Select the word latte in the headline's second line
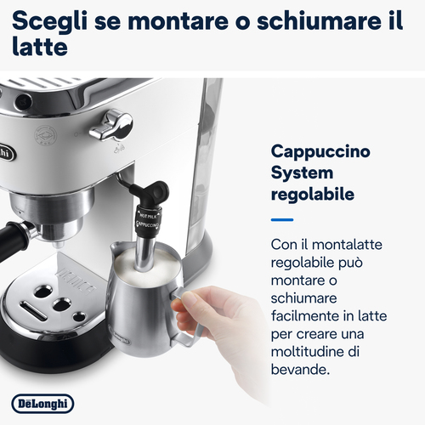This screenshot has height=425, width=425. tap(40, 47)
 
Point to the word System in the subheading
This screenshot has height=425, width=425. tap(302, 173)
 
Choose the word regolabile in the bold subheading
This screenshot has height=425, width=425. tap(313, 195)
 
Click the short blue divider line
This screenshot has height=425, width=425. tap(282, 219)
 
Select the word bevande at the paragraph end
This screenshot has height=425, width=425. tap(300, 370)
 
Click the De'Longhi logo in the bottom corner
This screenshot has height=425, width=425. tap(42, 404)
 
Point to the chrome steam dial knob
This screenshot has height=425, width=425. tap(112, 126)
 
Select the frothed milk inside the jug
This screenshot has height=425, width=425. tap(147, 266)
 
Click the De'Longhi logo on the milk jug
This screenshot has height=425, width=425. tap(122, 337)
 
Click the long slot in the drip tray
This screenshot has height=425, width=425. tap(33, 310)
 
